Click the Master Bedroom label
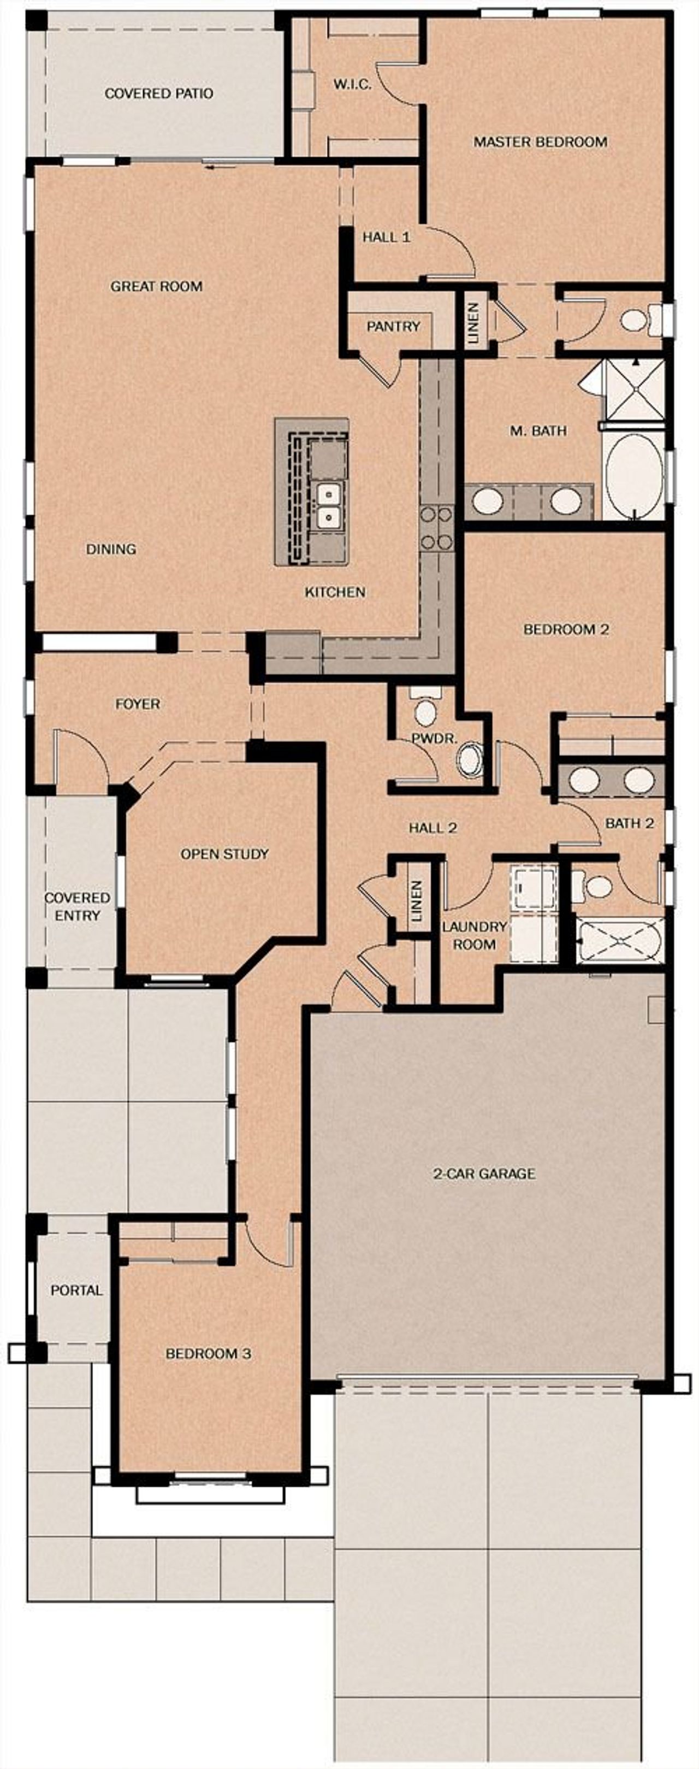click(540, 142)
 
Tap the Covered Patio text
click(158, 93)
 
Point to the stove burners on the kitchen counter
click(437, 527)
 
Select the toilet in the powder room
click(425, 710)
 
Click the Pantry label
click(393, 326)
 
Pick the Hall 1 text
click(387, 237)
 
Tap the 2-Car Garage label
click(484, 1174)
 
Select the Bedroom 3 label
click(208, 1354)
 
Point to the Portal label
click(76, 1290)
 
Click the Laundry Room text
click(474, 935)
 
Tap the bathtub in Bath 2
click(620, 940)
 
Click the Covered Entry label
click(77, 906)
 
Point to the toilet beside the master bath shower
click(638, 319)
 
